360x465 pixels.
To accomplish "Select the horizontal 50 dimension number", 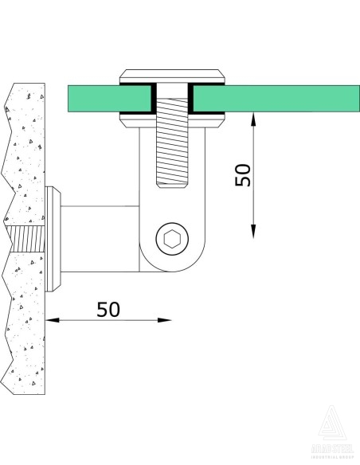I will [108, 309].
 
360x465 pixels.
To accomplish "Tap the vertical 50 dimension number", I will [244, 175].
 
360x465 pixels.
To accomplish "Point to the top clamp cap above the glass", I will [171, 76].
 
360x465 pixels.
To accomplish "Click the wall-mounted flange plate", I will [53, 239].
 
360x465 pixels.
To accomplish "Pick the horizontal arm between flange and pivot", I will [100, 239].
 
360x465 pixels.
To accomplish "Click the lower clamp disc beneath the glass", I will [171, 120].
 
